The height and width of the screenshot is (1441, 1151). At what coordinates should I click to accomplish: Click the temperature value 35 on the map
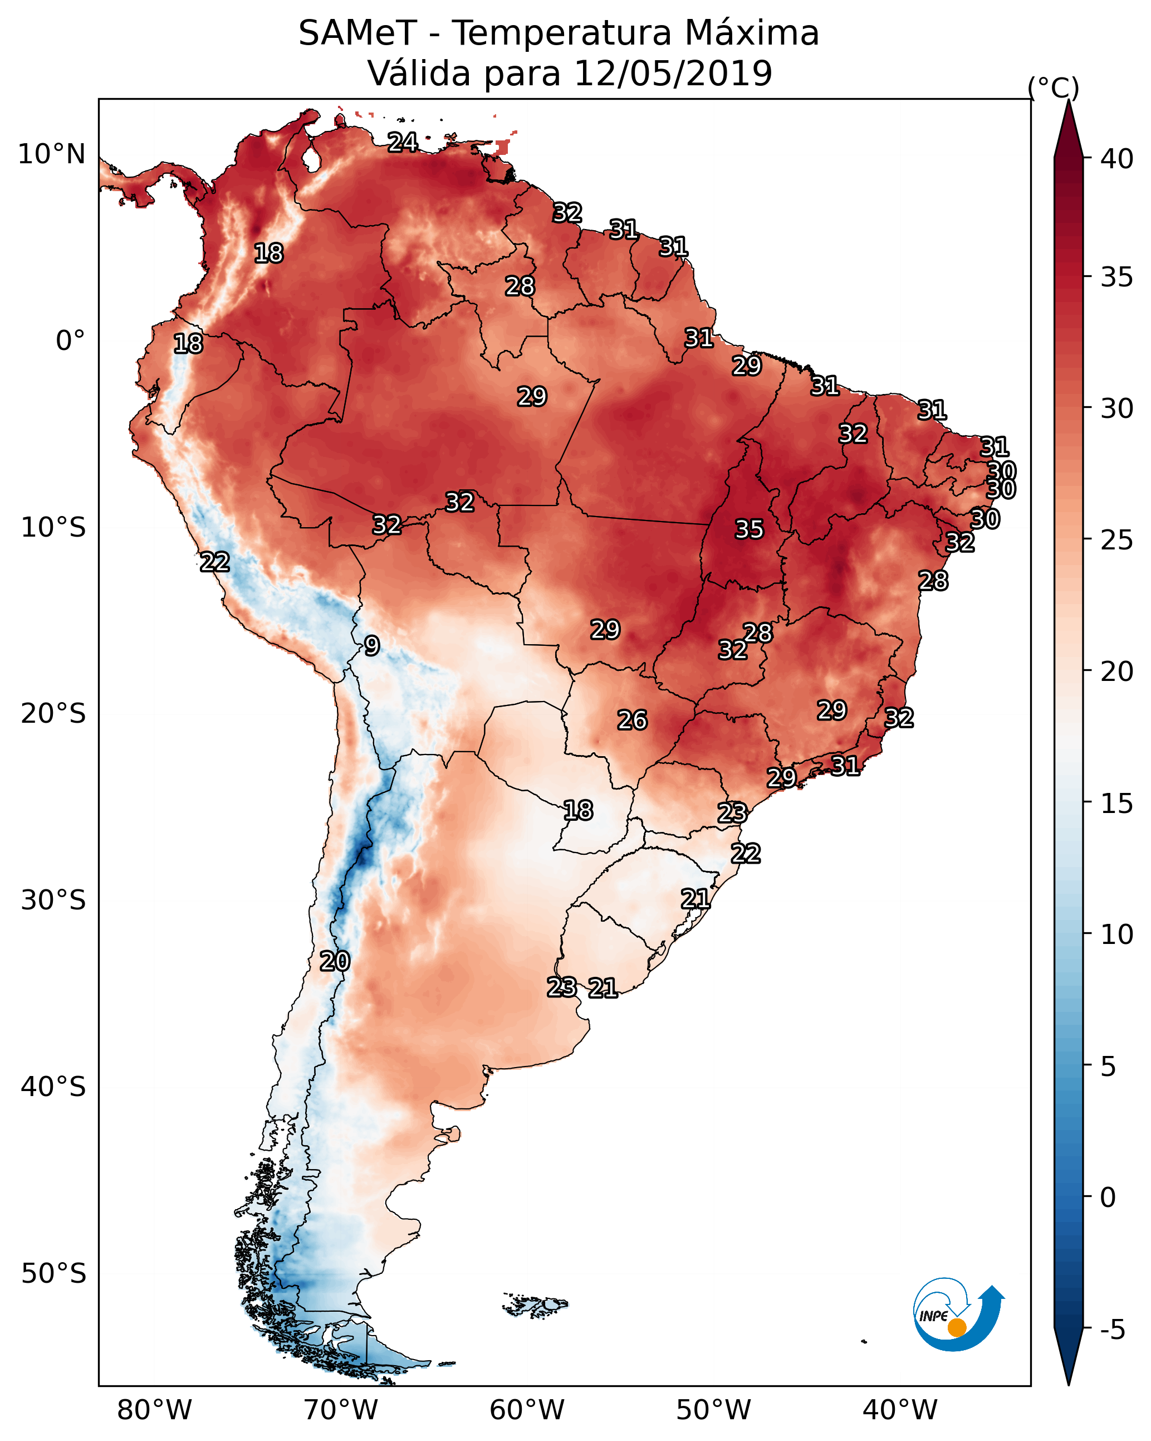pos(749,529)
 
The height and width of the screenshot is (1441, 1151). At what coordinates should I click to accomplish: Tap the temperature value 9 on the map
pos(372,646)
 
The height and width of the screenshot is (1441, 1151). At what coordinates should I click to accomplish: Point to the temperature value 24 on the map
pos(403,142)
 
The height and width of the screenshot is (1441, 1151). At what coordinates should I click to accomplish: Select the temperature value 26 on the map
pos(632,720)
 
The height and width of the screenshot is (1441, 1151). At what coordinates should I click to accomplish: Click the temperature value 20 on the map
pos(335,961)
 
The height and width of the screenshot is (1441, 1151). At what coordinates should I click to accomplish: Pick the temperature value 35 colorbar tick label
pos(1117,277)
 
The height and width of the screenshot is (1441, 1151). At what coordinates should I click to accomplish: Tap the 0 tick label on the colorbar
pos(1108,1197)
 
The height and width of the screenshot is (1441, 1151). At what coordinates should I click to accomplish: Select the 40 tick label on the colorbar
pos(1117,159)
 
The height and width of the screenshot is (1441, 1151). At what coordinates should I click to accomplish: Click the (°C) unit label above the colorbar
pos(1054,87)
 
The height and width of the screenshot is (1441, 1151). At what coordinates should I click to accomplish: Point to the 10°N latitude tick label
pos(51,154)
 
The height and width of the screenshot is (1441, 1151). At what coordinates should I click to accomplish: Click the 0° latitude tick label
pos(70,341)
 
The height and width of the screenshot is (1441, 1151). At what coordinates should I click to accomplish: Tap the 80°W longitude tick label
pos(154,1410)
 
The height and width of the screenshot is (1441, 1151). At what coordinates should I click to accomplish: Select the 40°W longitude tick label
pos(900,1410)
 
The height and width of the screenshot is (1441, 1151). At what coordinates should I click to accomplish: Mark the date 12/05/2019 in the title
pos(673,74)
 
